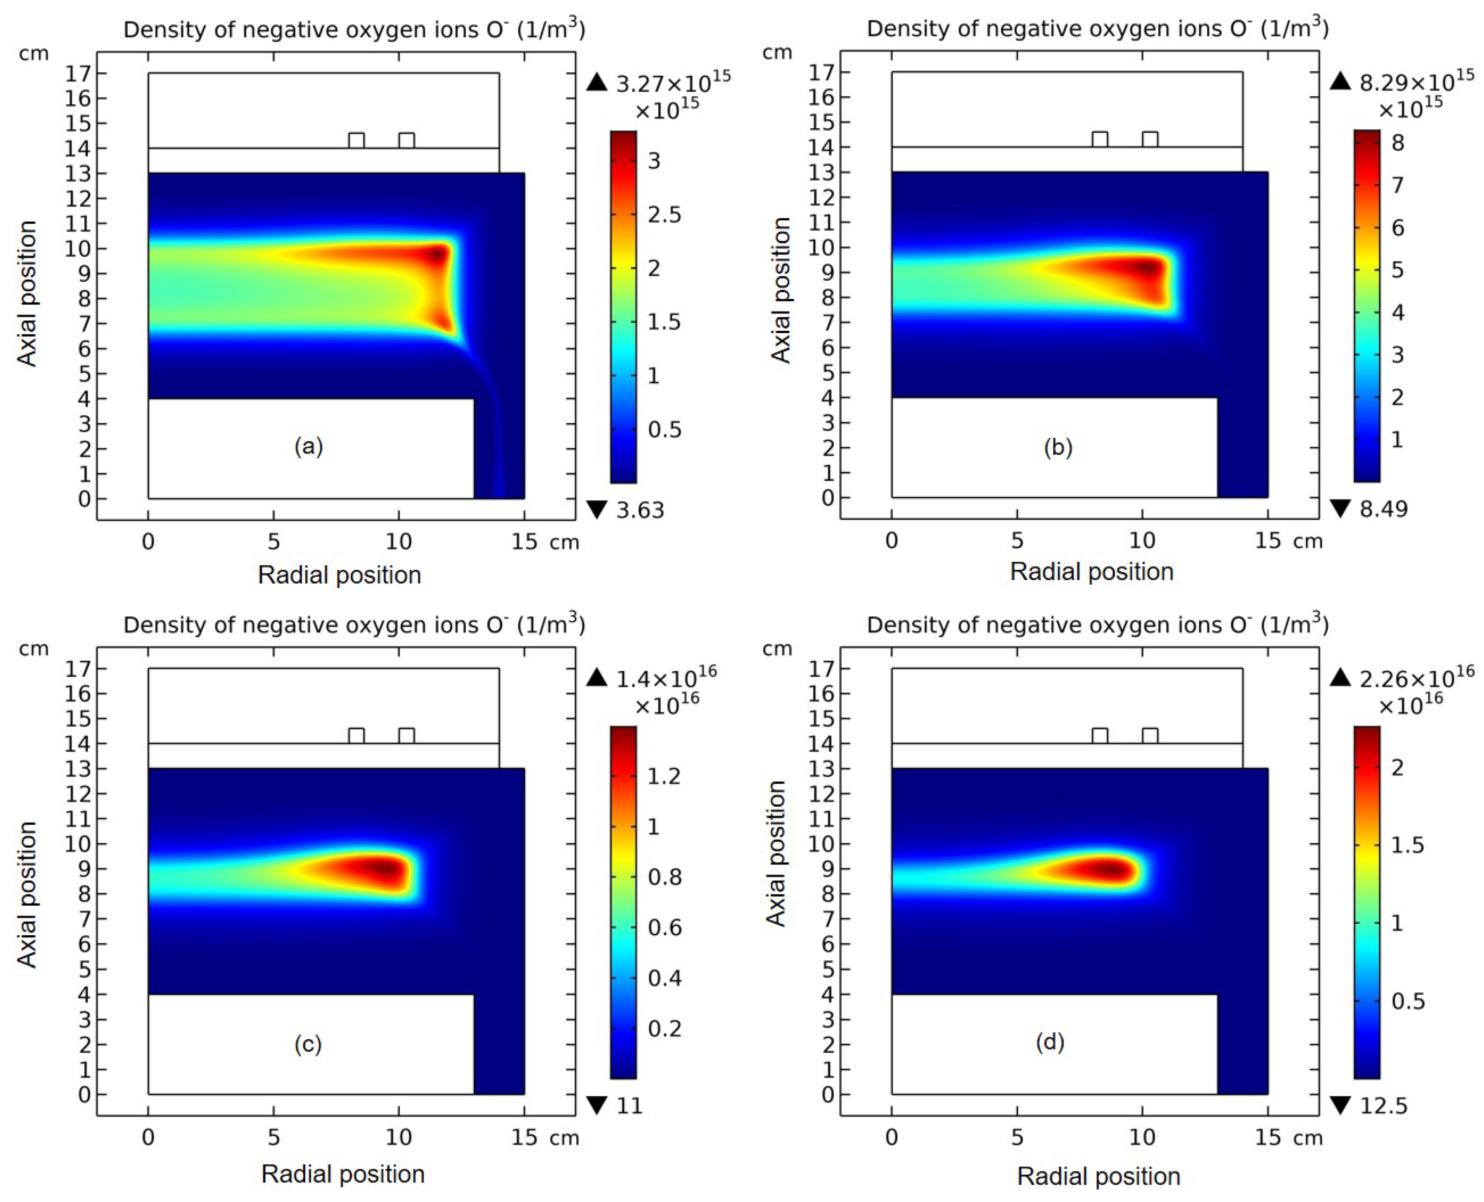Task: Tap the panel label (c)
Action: pyautogui.click(x=308, y=1044)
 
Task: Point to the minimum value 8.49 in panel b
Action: pyautogui.click(x=1383, y=509)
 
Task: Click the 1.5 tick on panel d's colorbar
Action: pyautogui.click(x=1406, y=846)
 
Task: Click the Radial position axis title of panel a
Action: pyautogui.click(x=340, y=575)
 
